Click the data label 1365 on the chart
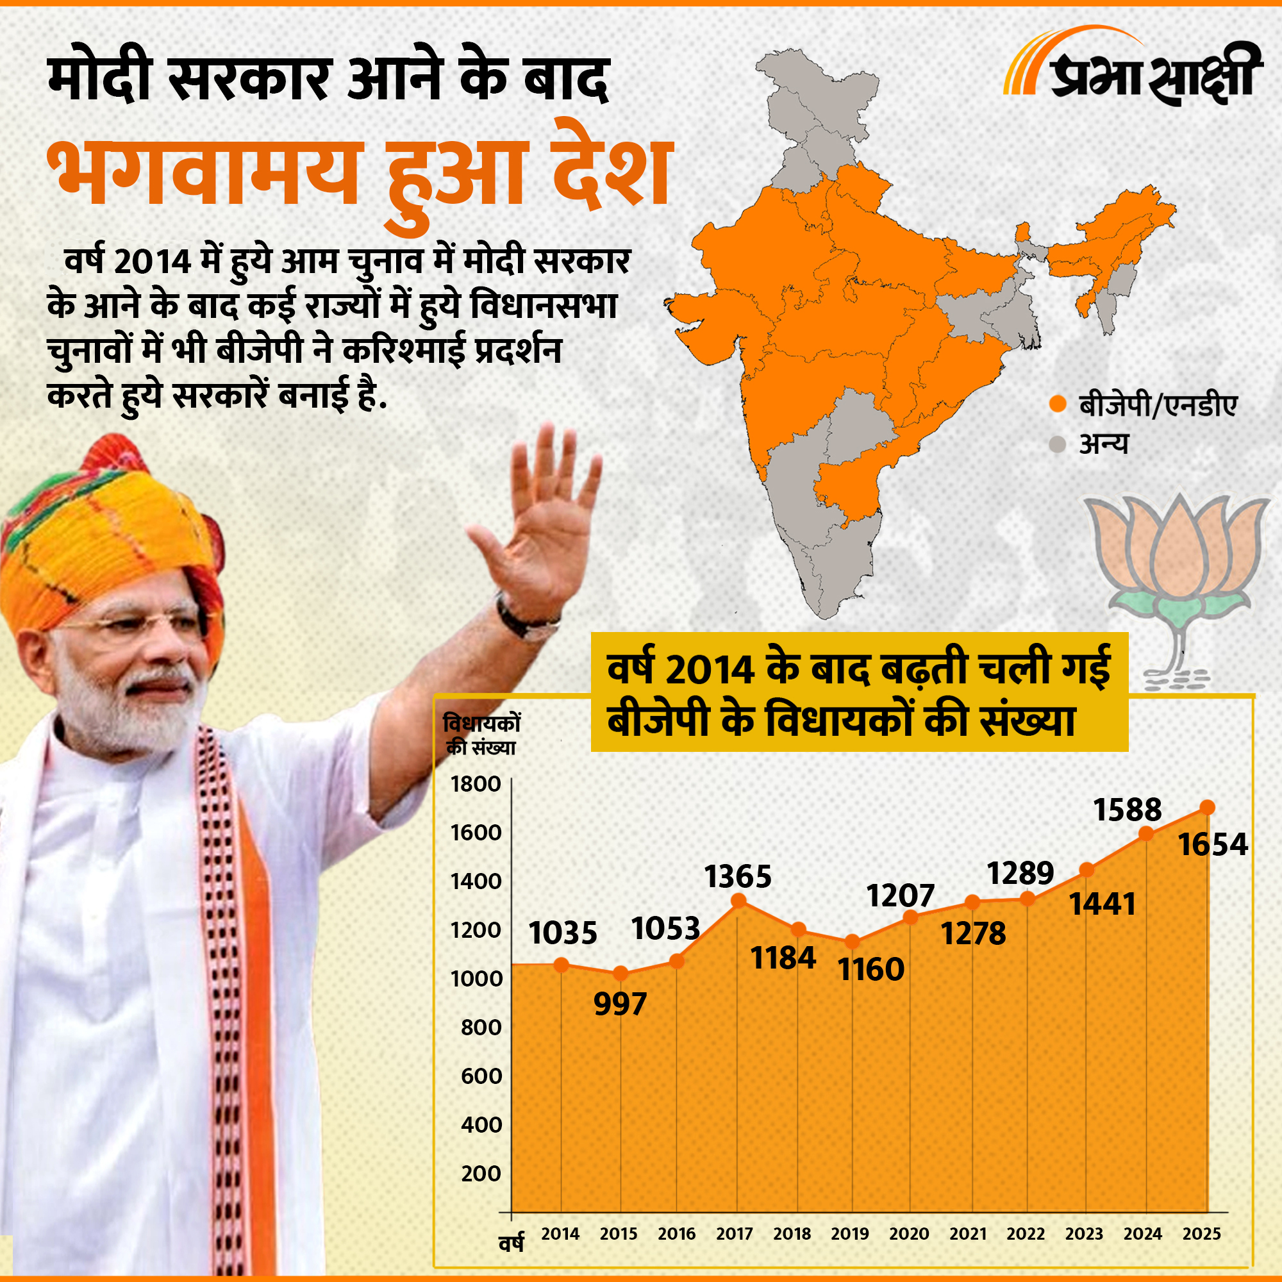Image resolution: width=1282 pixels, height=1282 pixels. (x=738, y=876)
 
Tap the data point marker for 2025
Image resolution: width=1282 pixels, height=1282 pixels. (x=1207, y=808)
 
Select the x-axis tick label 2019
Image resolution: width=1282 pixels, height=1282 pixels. (x=849, y=1233)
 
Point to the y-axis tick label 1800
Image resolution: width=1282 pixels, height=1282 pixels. (x=475, y=785)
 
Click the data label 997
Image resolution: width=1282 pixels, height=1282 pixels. (x=620, y=1004)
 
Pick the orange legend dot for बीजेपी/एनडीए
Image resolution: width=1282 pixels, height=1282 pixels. (x=1058, y=404)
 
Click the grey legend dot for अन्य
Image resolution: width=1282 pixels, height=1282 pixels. (x=1058, y=444)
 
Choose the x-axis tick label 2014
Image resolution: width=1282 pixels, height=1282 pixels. (x=560, y=1233)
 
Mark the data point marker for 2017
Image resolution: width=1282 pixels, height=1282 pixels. (x=738, y=901)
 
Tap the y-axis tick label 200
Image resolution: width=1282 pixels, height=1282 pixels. (x=481, y=1173)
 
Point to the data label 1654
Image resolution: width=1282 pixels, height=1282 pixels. (x=1212, y=845)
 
